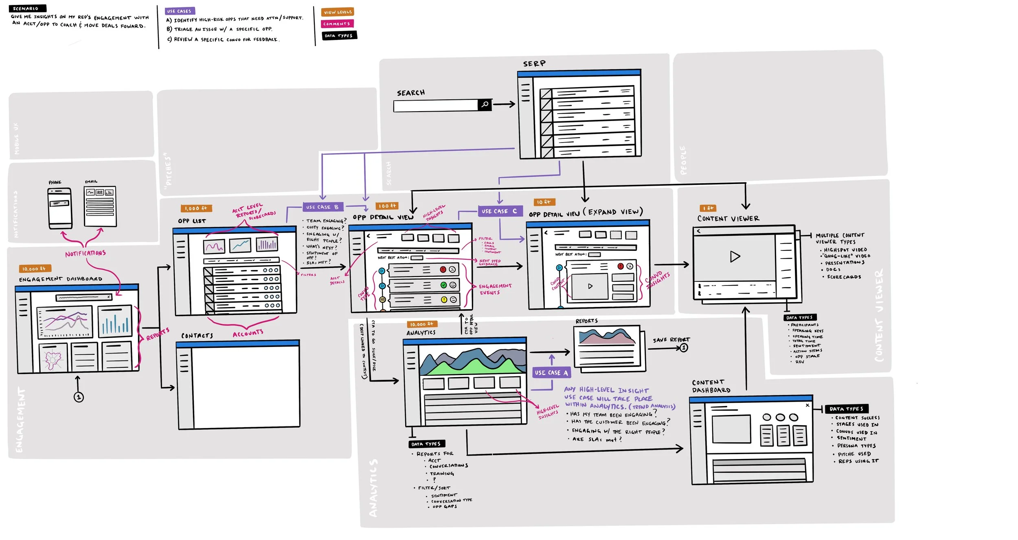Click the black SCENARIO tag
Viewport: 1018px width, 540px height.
(27, 8)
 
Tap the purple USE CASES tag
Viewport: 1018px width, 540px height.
(180, 11)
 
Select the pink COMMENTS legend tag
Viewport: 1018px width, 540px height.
(337, 24)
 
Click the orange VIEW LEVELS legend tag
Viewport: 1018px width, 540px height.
(338, 12)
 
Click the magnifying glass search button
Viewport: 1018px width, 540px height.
(485, 105)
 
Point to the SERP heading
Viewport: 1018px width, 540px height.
(534, 64)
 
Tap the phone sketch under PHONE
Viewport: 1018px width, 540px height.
(60, 208)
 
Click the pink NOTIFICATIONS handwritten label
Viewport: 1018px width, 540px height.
(86, 253)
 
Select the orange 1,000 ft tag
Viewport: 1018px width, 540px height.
(196, 208)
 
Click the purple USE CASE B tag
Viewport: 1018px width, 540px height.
(323, 207)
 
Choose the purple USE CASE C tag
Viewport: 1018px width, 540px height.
(499, 211)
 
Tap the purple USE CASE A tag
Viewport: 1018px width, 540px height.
(551, 372)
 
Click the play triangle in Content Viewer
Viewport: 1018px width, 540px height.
(735, 257)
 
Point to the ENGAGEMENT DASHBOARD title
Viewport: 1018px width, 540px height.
(61, 279)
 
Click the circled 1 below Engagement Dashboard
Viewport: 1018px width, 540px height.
(79, 397)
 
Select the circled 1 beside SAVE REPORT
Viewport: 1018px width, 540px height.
(684, 347)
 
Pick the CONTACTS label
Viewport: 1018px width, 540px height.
(197, 336)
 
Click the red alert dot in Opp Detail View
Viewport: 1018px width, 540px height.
(443, 270)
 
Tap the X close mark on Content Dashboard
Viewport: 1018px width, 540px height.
(807, 405)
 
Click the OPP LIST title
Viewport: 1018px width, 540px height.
(192, 221)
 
